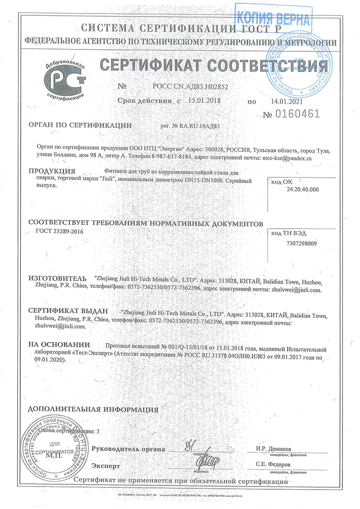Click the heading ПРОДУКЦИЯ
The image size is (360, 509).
point(51,171)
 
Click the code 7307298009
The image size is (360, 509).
point(301,243)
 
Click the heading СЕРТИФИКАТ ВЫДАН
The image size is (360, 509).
point(68,311)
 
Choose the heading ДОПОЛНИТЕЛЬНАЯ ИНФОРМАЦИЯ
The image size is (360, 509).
point(93,410)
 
